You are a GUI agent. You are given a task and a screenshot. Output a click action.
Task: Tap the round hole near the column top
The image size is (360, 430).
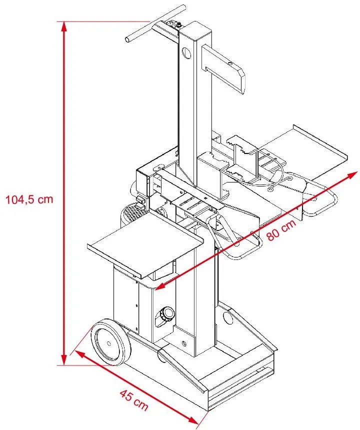[x=187, y=52]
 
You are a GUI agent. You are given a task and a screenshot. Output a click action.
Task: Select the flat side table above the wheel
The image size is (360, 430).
[x=145, y=250]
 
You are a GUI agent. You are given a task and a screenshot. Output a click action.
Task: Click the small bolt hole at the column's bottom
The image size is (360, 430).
[x=184, y=343]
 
